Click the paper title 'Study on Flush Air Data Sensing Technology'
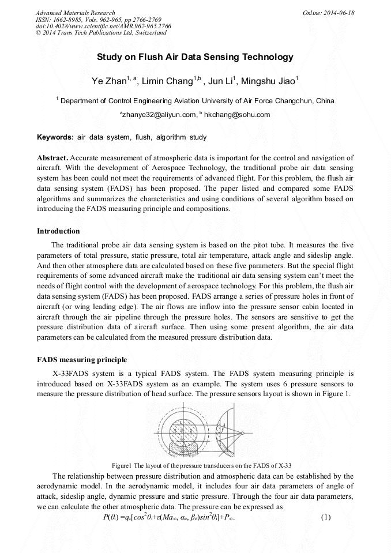pos(195,57)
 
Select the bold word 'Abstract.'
pos(53,157)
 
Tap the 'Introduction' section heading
pos(58,231)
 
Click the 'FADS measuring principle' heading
pos(82,360)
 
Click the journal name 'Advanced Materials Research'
pos(75,13)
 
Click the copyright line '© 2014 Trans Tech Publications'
pos(101,33)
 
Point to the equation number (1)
pos(326,517)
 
